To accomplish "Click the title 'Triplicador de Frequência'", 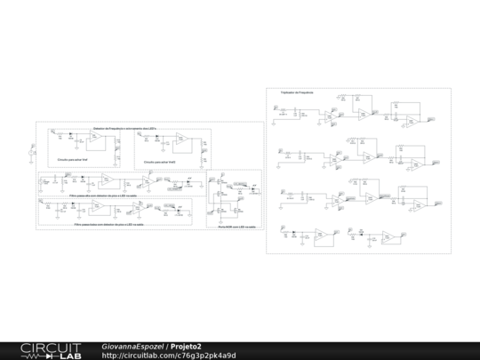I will tap(297, 92).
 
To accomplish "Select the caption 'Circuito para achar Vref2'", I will tap(160, 163).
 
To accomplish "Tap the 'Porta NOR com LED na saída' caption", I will tap(236, 227).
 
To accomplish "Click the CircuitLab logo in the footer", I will tap(51, 349).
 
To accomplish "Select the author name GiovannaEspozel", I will tap(132, 346).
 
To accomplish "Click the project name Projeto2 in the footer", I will tap(187, 346).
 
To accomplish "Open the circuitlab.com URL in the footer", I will tap(169, 356).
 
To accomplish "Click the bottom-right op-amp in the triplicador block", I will tap(389, 236).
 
